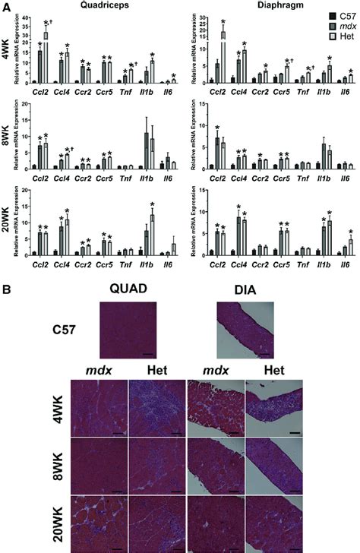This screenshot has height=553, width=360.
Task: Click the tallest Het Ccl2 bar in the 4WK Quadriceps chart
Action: coord(46,57)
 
